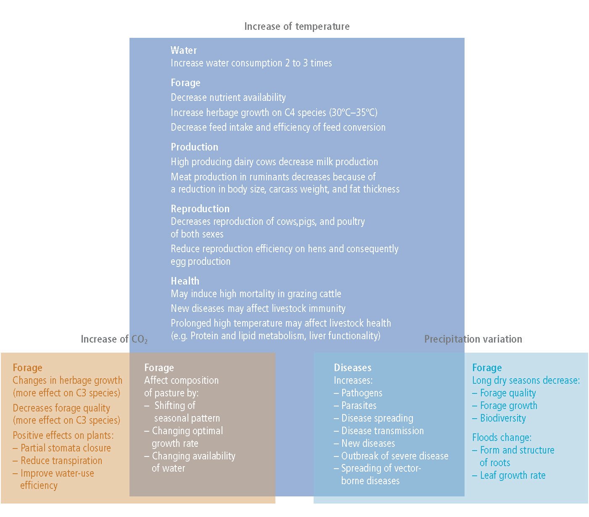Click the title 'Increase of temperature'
(297, 26)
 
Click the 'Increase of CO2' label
(114, 339)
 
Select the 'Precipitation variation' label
(473, 339)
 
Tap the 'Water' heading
(184, 50)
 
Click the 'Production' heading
(195, 147)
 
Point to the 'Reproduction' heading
(200, 208)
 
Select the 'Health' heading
(185, 281)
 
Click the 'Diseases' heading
(352, 368)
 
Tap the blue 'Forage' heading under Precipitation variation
(487, 368)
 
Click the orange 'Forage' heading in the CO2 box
(28, 368)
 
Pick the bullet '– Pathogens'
(358, 393)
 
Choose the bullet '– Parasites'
(355, 406)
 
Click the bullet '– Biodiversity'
(499, 418)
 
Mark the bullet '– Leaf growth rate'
(509, 475)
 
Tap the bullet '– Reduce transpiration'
(58, 461)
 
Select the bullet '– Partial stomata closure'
(62, 448)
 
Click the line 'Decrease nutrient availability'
(228, 98)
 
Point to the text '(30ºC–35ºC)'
(353, 113)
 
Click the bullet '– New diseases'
(364, 443)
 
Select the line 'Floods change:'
(502, 438)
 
